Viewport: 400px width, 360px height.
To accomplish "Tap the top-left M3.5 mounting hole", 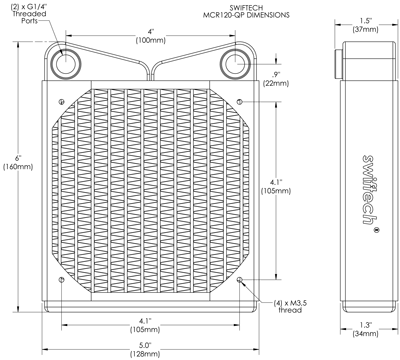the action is pos(61,101).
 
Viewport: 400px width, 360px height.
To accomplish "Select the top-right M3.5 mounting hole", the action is pos(240,101).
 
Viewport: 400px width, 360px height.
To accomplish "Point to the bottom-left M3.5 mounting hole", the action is pos(61,280).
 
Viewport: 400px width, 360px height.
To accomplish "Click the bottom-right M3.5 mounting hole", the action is pos(240,280).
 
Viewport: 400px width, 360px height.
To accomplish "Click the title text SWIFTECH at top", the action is pos(247,8).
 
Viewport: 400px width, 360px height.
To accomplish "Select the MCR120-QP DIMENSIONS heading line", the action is pos(246,15).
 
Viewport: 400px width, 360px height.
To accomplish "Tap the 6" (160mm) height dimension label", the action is pos(18,163).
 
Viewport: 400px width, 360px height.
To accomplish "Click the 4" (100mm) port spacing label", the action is pos(151,36).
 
